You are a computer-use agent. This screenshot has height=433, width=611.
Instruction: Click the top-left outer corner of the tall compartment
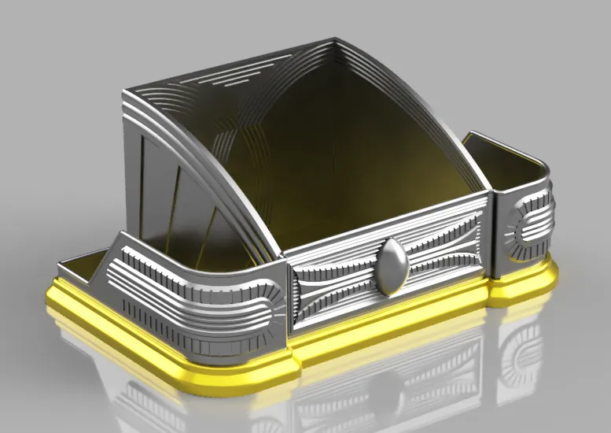click(126, 94)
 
